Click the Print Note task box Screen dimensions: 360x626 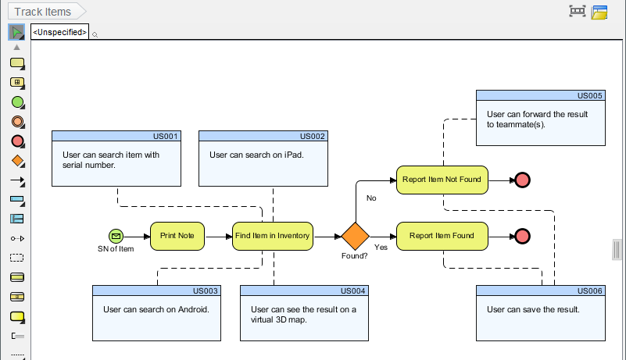[177, 235]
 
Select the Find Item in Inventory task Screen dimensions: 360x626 [273, 235]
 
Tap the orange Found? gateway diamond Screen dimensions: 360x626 [354, 236]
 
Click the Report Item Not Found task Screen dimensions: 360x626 [442, 180]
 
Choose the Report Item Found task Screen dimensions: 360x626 [442, 235]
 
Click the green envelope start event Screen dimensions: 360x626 [116, 235]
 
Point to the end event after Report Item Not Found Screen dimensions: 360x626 [522, 180]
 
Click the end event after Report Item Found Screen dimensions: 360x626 [522, 235]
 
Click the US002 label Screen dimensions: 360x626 [312, 136]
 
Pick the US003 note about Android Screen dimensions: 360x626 [156, 309]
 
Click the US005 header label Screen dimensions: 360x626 [589, 95]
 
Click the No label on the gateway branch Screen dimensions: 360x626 [371, 198]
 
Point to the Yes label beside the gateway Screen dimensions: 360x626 [381, 248]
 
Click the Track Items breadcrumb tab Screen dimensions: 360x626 [43, 12]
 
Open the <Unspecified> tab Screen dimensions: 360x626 [59, 32]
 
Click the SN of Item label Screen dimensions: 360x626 [116, 249]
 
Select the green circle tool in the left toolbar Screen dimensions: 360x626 [17, 102]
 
